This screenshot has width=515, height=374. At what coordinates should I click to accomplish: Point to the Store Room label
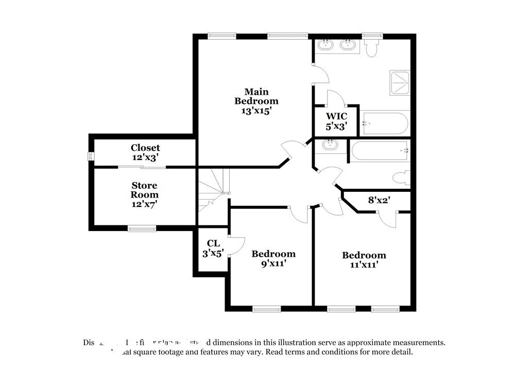pyautogui.click(x=144, y=190)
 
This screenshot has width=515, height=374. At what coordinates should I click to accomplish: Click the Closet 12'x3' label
pyautogui.click(x=145, y=152)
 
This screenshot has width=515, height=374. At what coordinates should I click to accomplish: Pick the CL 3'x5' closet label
pyautogui.click(x=212, y=247)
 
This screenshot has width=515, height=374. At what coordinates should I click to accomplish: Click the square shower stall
pyautogui.click(x=399, y=82)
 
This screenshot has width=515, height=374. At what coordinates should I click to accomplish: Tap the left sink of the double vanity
pyautogui.click(x=325, y=45)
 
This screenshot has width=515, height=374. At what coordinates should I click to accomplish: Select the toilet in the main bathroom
pyautogui.click(x=370, y=48)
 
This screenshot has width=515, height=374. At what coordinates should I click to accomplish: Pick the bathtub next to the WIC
pyautogui.click(x=385, y=123)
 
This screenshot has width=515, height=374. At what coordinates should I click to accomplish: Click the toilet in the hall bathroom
pyautogui.click(x=401, y=177)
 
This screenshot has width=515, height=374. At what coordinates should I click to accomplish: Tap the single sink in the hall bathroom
pyautogui.click(x=329, y=145)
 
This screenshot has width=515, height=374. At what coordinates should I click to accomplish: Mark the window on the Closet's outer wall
pyautogui.click(x=91, y=156)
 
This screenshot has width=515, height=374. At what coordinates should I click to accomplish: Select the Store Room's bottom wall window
pyautogui.click(x=142, y=228)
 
